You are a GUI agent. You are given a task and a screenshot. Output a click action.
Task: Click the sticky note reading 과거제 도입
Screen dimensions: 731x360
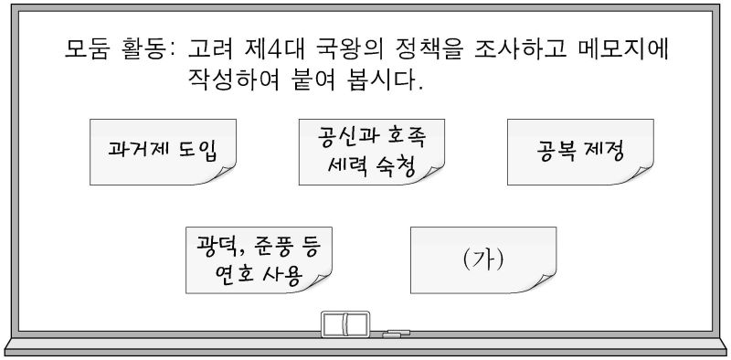[163, 152]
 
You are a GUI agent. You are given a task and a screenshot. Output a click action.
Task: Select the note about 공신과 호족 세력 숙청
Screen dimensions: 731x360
[372, 152]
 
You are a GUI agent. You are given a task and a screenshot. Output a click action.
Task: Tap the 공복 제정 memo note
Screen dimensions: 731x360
[580, 152]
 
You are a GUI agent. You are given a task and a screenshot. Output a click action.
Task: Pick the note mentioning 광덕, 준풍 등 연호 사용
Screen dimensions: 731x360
[259, 260]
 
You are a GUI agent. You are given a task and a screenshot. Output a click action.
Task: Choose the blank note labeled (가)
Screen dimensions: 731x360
[483, 260]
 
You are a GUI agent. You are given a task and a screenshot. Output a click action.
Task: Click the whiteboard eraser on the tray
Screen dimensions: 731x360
[345, 323]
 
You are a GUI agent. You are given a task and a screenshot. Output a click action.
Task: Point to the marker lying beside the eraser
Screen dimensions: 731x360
[396, 333]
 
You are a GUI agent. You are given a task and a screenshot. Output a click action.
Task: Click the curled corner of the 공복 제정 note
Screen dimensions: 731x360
[642, 175]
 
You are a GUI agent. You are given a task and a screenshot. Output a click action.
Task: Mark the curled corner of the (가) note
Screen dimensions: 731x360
[546, 283]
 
